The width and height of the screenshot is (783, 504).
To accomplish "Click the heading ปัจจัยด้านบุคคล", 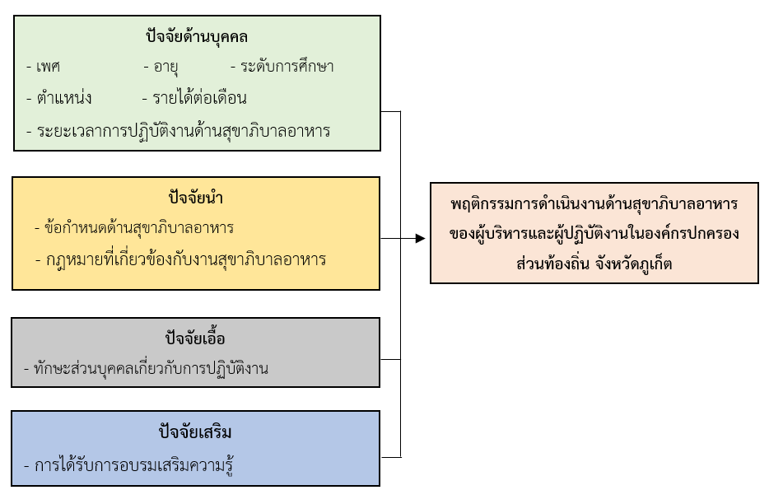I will pyautogui.click(x=196, y=38).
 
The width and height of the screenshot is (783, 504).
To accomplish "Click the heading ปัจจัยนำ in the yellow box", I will pyautogui.click(x=196, y=198).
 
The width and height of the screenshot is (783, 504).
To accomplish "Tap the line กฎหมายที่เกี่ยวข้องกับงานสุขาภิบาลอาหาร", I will pyautogui.click(x=185, y=259).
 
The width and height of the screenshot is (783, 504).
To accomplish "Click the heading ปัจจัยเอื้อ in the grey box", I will pyautogui.click(x=196, y=338).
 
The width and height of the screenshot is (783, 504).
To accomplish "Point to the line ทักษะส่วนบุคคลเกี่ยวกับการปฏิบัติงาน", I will pyautogui.click(x=151, y=368).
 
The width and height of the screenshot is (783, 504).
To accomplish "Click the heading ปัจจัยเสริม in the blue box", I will pyautogui.click(x=196, y=432).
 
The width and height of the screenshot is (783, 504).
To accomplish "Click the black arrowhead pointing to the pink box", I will pyautogui.click(x=420, y=239).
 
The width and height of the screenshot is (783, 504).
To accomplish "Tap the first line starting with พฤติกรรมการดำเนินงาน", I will pyautogui.click(x=594, y=203).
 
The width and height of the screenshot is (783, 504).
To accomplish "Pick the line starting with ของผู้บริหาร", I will pyautogui.click(x=594, y=233).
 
